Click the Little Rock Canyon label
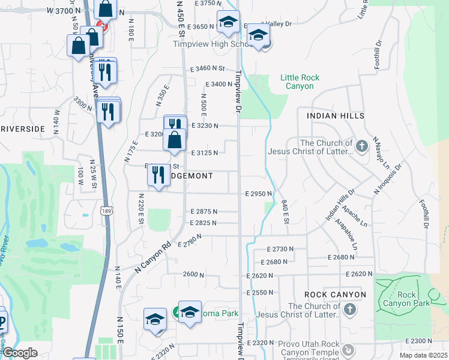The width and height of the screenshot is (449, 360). tap(300, 82)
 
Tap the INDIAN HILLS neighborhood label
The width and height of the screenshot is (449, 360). tap(335, 115)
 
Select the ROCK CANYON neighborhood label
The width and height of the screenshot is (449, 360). tap(335, 295)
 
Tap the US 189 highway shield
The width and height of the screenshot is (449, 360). tap(106, 211)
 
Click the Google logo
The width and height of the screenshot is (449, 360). tap(20, 353)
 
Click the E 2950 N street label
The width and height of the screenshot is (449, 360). tap(259, 194)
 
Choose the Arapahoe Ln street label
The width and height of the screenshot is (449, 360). tap(346, 235)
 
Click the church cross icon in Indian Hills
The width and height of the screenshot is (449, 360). tap(361, 146)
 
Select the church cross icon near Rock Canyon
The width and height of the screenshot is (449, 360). tap(350, 310)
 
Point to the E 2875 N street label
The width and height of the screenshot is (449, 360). tap(203, 212)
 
